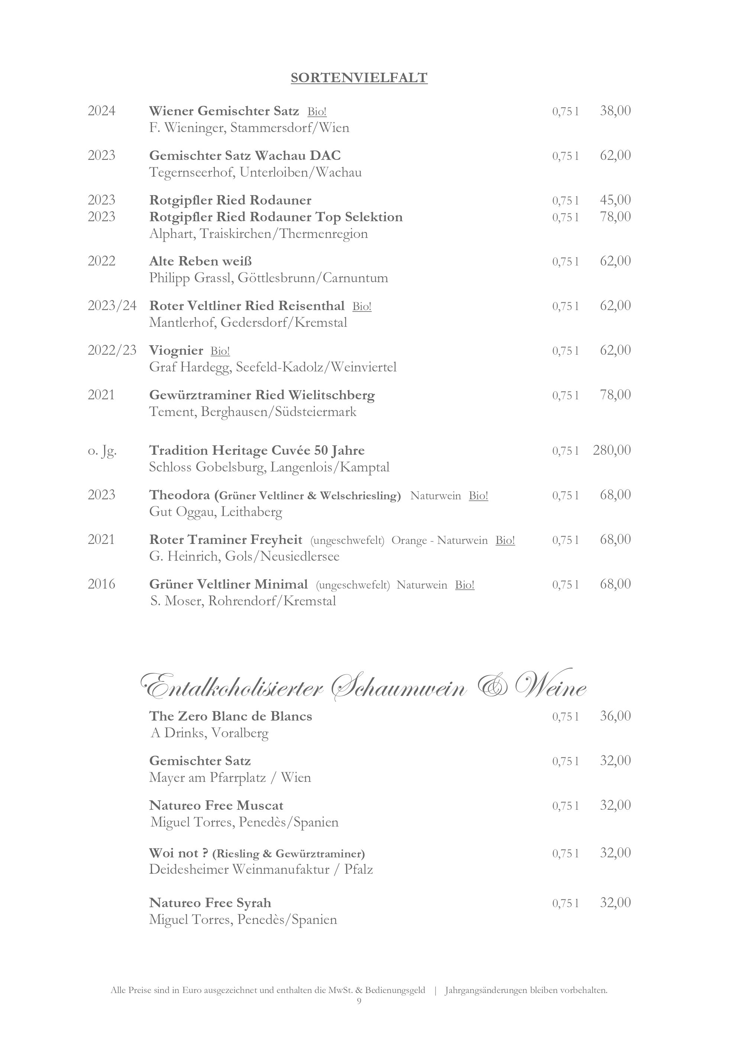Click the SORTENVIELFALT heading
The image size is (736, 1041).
pyautogui.click(x=359, y=78)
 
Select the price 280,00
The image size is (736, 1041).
pyautogui.click(x=611, y=450)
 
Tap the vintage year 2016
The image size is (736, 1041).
pyautogui.click(x=101, y=584)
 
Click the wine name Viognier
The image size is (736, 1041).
pyautogui.click(x=176, y=351)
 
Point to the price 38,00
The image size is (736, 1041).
pyautogui.click(x=615, y=111)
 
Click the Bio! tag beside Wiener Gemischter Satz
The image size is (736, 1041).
pyautogui.click(x=317, y=112)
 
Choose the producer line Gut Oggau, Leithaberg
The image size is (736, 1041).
pyautogui.click(x=216, y=512)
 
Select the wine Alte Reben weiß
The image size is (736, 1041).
pyautogui.click(x=201, y=261)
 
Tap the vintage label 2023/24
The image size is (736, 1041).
pyautogui.click(x=112, y=306)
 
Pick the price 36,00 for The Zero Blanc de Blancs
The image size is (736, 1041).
pyautogui.click(x=615, y=716)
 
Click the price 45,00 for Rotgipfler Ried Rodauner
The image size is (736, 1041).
pyautogui.click(x=615, y=200)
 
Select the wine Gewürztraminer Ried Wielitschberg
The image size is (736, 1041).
pyautogui.click(x=262, y=395)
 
